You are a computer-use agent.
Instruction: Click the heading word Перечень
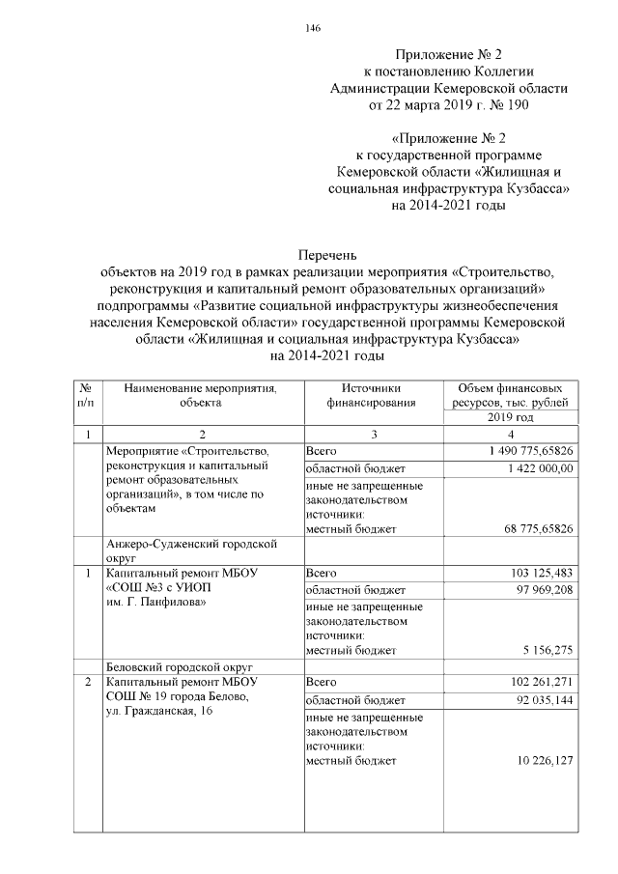pos(323,256)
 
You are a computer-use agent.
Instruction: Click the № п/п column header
pos(88,396)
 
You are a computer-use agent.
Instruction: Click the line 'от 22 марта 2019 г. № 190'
pos(448,103)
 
